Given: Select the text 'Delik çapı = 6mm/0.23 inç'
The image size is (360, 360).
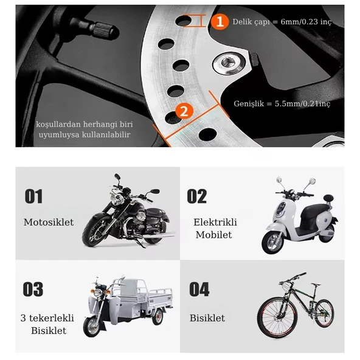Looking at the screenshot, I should point(282,22).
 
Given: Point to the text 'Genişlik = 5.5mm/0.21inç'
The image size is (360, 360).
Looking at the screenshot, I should point(282,104).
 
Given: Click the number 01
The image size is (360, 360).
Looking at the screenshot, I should point(34,196).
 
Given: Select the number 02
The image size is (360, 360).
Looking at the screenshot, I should point(197,196).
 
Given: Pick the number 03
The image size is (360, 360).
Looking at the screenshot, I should point(33,289).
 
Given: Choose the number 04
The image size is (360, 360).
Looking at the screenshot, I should point(199,289).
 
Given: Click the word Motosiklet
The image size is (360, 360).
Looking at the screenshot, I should point(49,223).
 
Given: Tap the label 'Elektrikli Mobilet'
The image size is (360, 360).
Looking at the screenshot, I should point(215,229).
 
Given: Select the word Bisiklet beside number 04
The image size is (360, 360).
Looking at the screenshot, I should point(207,318).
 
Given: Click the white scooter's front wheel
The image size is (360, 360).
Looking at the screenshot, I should point(272,242).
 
